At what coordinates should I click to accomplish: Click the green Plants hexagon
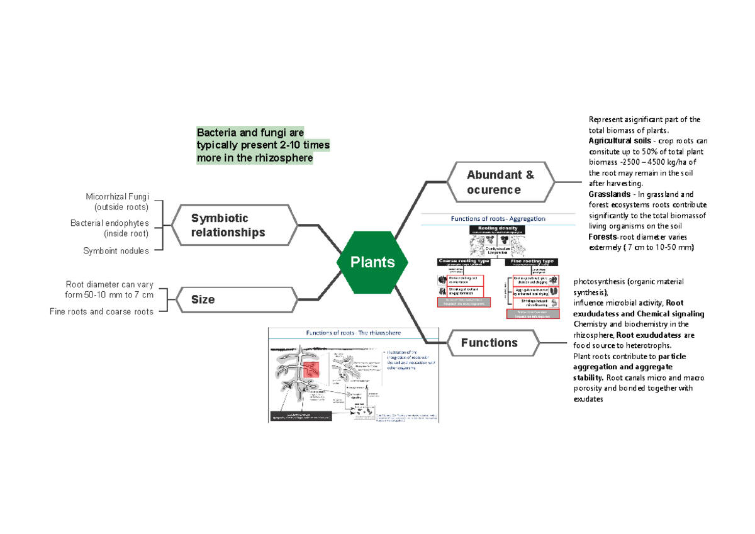pyautogui.click(x=372, y=262)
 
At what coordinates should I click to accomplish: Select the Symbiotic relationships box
pyautogui.click(x=235, y=225)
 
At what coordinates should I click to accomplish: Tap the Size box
pyautogui.click(x=235, y=299)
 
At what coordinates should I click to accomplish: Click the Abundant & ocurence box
pyautogui.click(x=501, y=182)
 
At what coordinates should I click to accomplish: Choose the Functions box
pyautogui.click(x=493, y=343)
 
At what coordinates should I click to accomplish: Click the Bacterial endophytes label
pyautogui.click(x=109, y=223)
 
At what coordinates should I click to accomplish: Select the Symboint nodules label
pyautogui.click(x=116, y=251)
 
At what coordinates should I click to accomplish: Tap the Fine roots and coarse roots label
pyautogui.click(x=101, y=311)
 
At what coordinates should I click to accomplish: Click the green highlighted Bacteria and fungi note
pyautogui.click(x=263, y=145)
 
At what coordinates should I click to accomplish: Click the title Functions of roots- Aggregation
pyautogui.click(x=496, y=219)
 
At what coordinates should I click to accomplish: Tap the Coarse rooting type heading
pyautogui.click(x=464, y=261)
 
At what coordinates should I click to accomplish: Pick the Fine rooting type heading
pyautogui.click(x=532, y=261)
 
